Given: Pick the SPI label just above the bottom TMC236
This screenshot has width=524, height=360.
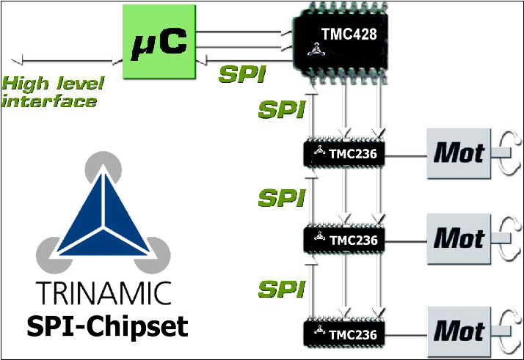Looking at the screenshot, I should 282,287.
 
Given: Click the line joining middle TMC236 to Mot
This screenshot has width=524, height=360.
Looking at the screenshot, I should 406,239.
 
